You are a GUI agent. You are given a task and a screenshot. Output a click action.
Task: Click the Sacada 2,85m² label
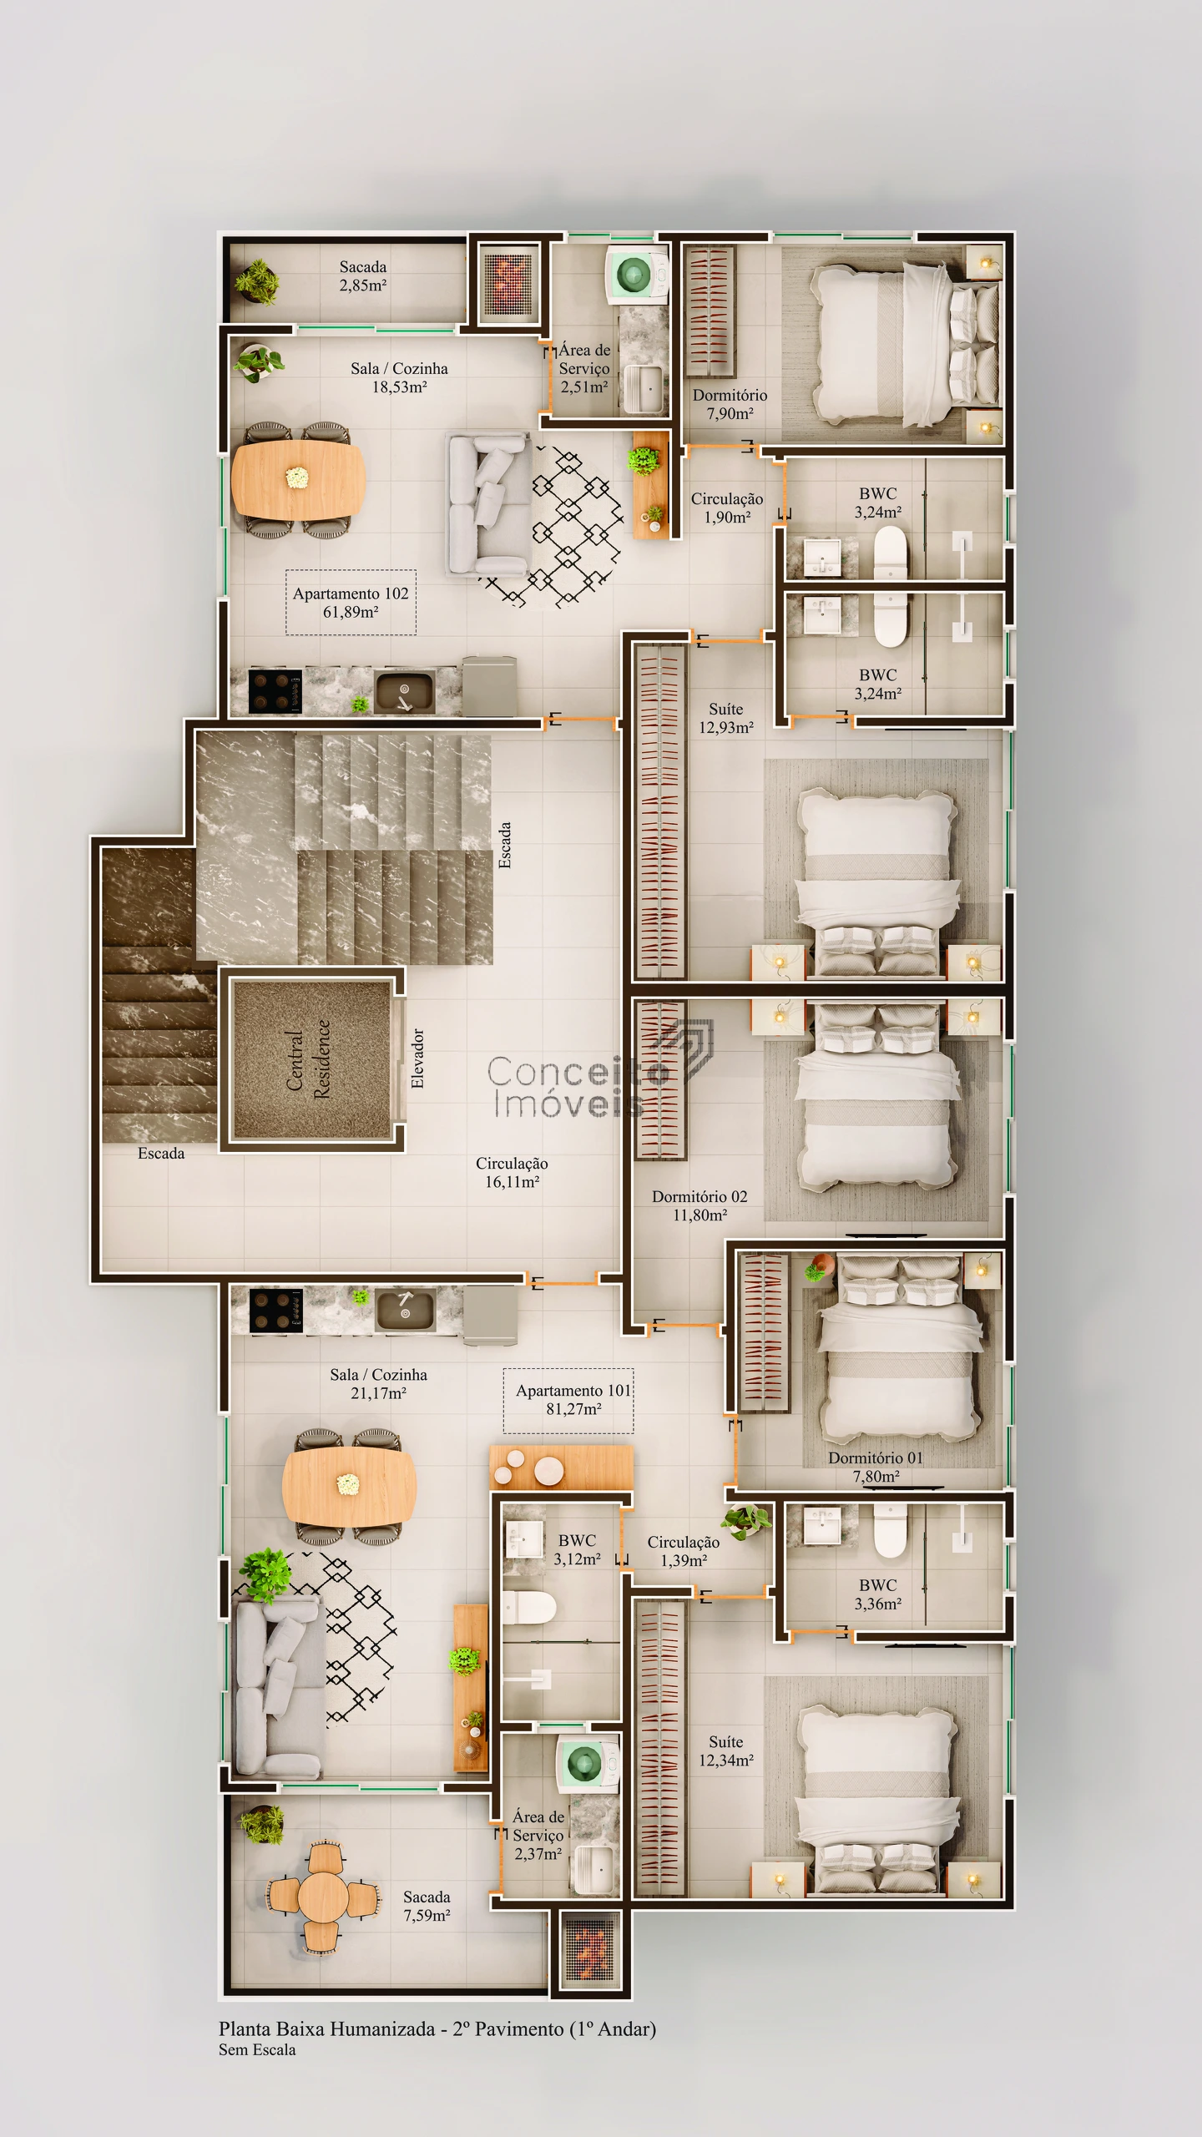coord(363,276)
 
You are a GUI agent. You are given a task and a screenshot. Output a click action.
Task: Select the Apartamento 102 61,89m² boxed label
coord(351,603)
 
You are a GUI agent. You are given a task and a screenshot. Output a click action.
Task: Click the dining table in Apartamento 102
coord(298,479)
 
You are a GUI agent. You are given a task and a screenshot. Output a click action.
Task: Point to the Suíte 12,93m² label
coord(726,718)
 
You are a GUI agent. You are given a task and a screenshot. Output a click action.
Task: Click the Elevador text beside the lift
coord(418,1058)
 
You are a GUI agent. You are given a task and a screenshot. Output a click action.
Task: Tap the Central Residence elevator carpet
coord(312,1060)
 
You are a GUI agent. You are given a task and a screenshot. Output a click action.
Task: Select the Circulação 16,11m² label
coord(512,1172)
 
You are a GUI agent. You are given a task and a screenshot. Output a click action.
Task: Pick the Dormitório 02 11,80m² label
coord(699,1205)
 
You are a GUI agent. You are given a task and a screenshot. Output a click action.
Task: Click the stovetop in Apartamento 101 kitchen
coord(275,1311)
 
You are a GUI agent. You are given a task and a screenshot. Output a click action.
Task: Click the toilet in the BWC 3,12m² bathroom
coord(529,1607)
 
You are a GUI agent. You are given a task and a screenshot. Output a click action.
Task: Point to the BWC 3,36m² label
coord(878,1594)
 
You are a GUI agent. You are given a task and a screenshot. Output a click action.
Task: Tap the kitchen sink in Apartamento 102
coord(405,693)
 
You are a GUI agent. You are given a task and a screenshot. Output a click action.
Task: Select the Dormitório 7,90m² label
coord(730,404)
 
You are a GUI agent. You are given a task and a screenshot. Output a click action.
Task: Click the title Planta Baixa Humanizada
coord(327,2029)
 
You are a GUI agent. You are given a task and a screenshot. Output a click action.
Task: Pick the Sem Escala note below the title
coord(257,2050)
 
